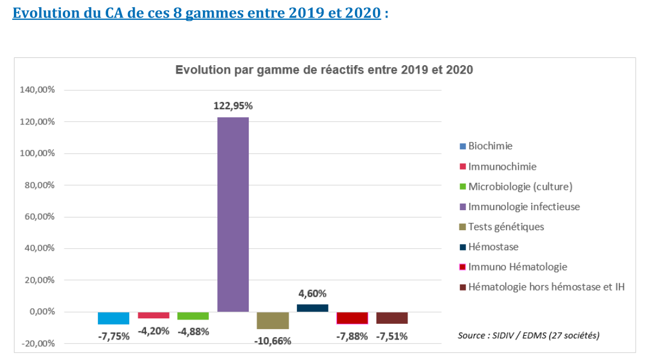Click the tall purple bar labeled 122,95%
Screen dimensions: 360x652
click(x=233, y=214)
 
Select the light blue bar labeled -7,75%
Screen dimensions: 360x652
click(x=113, y=318)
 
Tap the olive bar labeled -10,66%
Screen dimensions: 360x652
click(x=273, y=321)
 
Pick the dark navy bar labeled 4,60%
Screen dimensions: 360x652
click(x=313, y=308)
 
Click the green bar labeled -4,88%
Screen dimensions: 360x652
click(x=193, y=316)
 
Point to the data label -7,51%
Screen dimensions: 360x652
click(x=392, y=336)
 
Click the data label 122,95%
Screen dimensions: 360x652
click(x=233, y=106)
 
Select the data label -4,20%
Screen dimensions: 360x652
click(x=153, y=331)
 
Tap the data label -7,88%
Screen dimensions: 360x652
click(x=352, y=336)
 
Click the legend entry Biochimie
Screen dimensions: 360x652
click(x=490, y=146)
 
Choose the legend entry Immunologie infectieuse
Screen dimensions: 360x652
click(x=523, y=207)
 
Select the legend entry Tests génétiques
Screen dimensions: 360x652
click(x=506, y=227)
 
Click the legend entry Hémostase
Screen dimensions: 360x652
click(x=493, y=246)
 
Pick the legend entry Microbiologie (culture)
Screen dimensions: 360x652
click(x=520, y=186)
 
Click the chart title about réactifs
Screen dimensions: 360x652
click(x=324, y=70)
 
